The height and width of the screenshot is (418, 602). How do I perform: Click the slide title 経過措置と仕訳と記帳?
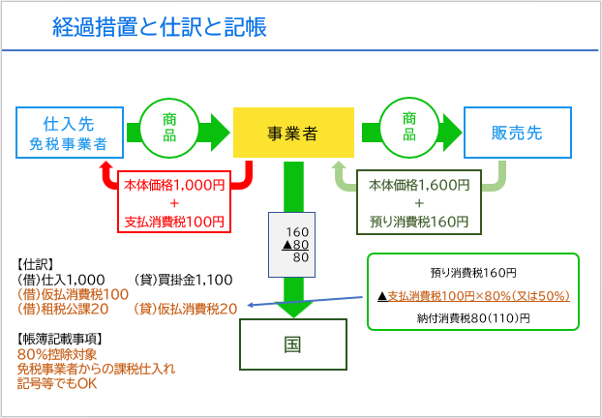pos(159,27)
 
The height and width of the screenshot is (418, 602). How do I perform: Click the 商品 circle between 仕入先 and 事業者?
pos(168,127)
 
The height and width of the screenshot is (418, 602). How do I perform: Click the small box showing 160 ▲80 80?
pos(293,245)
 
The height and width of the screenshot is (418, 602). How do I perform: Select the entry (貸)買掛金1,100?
pos(184,279)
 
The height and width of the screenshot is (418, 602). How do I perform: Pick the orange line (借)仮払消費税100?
pos(74,293)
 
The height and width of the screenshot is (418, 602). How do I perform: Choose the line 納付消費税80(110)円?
pos(472,317)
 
